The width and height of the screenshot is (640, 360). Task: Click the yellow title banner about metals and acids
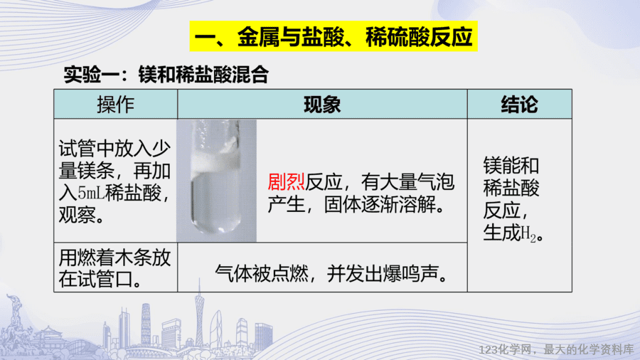coord(334,36)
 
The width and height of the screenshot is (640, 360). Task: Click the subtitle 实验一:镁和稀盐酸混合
coord(166,75)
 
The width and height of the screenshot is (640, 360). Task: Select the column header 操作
coord(115,105)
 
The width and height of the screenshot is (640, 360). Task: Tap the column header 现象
coord(322,105)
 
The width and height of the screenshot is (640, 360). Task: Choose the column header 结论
coord(520,105)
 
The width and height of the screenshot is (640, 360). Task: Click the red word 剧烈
coord(286,181)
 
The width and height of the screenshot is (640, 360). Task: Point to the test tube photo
coord(216,181)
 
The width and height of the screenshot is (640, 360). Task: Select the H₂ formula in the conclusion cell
coord(528,234)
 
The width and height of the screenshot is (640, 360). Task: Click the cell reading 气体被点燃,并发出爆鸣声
coord(331,273)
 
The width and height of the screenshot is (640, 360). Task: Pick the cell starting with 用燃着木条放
coord(115,268)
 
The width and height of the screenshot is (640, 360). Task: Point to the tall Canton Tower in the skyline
coord(200,314)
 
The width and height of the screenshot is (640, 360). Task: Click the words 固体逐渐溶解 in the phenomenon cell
coord(385,204)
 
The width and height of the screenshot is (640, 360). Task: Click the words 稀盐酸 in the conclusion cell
coord(511,188)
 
